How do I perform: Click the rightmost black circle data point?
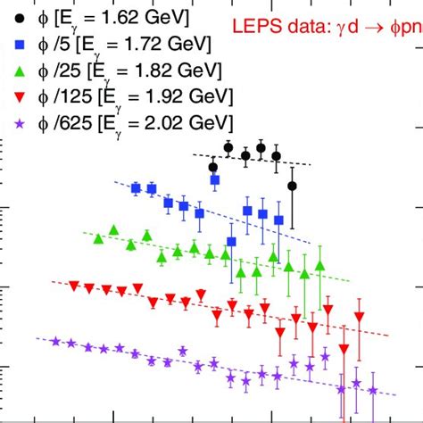(x=292, y=186)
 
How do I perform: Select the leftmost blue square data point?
(x=136, y=187)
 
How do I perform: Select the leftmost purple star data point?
(x=55, y=341)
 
